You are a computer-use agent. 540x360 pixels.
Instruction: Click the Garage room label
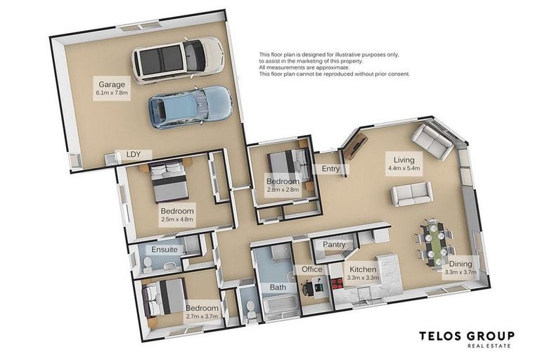pyautogui.click(x=112, y=84)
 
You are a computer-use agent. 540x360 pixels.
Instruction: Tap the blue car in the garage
pyautogui.click(x=191, y=107)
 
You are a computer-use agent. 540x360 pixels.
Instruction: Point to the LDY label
pyautogui.click(x=134, y=154)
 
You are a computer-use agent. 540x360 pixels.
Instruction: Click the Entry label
pyautogui.click(x=330, y=169)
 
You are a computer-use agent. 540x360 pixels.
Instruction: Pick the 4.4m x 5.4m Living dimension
pyautogui.click(x=404, y=169)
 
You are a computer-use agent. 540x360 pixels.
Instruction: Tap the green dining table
pyautogui.click(x=435, y=244)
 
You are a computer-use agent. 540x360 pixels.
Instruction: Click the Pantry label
pyautogui.click(x=334, y=244)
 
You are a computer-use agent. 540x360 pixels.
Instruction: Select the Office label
pyautogui.click(x=312, y=269)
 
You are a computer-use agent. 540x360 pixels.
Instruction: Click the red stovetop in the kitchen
pyautogui.click(x=337, y=283)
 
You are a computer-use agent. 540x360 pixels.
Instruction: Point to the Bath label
pyautogui.click(x=278, y=287)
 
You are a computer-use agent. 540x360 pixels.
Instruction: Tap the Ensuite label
pyautogui.click(x=165, y=250)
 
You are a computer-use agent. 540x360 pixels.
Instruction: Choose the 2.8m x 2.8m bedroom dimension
pyautogui.click(x=283, y=189)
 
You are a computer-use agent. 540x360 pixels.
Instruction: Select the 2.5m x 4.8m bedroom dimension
pyautogui.click(x=177, y=219)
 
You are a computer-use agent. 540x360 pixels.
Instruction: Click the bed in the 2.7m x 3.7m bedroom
pyautogui.click(x=165, y=298)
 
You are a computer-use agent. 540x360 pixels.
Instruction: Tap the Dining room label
pyautogui.click(x=461, y=264)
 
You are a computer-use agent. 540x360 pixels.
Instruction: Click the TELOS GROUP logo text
pyautogui.click(x=467, y=336)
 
